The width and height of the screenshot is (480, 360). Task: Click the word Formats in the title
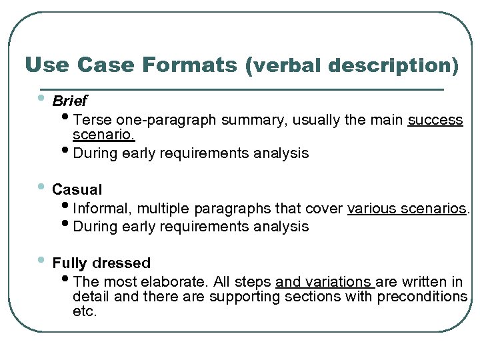(x=190, y=65)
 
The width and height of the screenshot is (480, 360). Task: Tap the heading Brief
(x=69, y=101)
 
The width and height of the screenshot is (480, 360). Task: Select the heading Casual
(x=77, y=189)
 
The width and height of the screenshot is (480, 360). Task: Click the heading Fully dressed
(x=101, y=263)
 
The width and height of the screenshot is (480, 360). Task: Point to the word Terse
(x=93, y=120)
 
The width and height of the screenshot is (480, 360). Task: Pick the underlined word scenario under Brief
(x=103, y=135)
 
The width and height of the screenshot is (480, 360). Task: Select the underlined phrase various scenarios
(x=407, y=209)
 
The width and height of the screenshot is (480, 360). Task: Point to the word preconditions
(x=422, y=297)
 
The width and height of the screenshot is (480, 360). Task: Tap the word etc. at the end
(x=85, y=311)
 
